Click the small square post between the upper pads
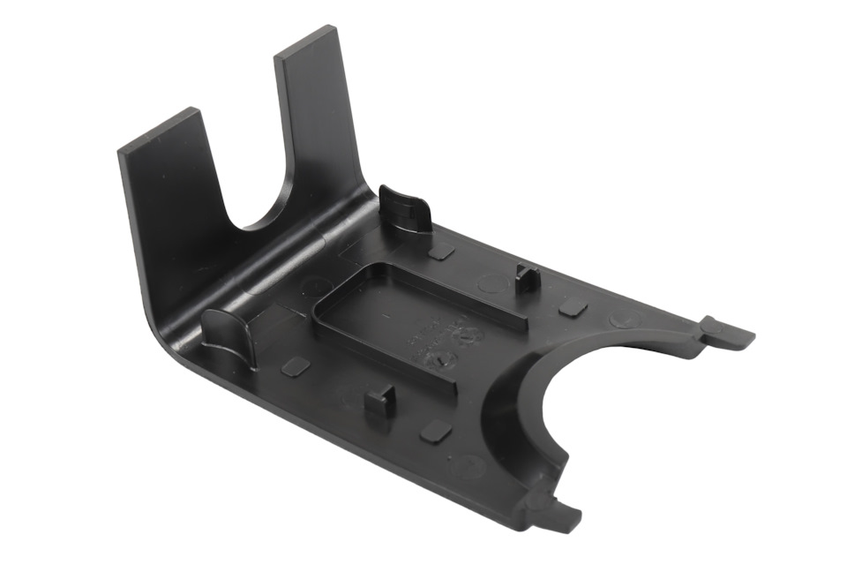(527, 278)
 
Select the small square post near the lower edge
(377, 402)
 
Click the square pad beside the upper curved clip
(441, 251)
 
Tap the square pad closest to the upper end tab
(573, 308)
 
